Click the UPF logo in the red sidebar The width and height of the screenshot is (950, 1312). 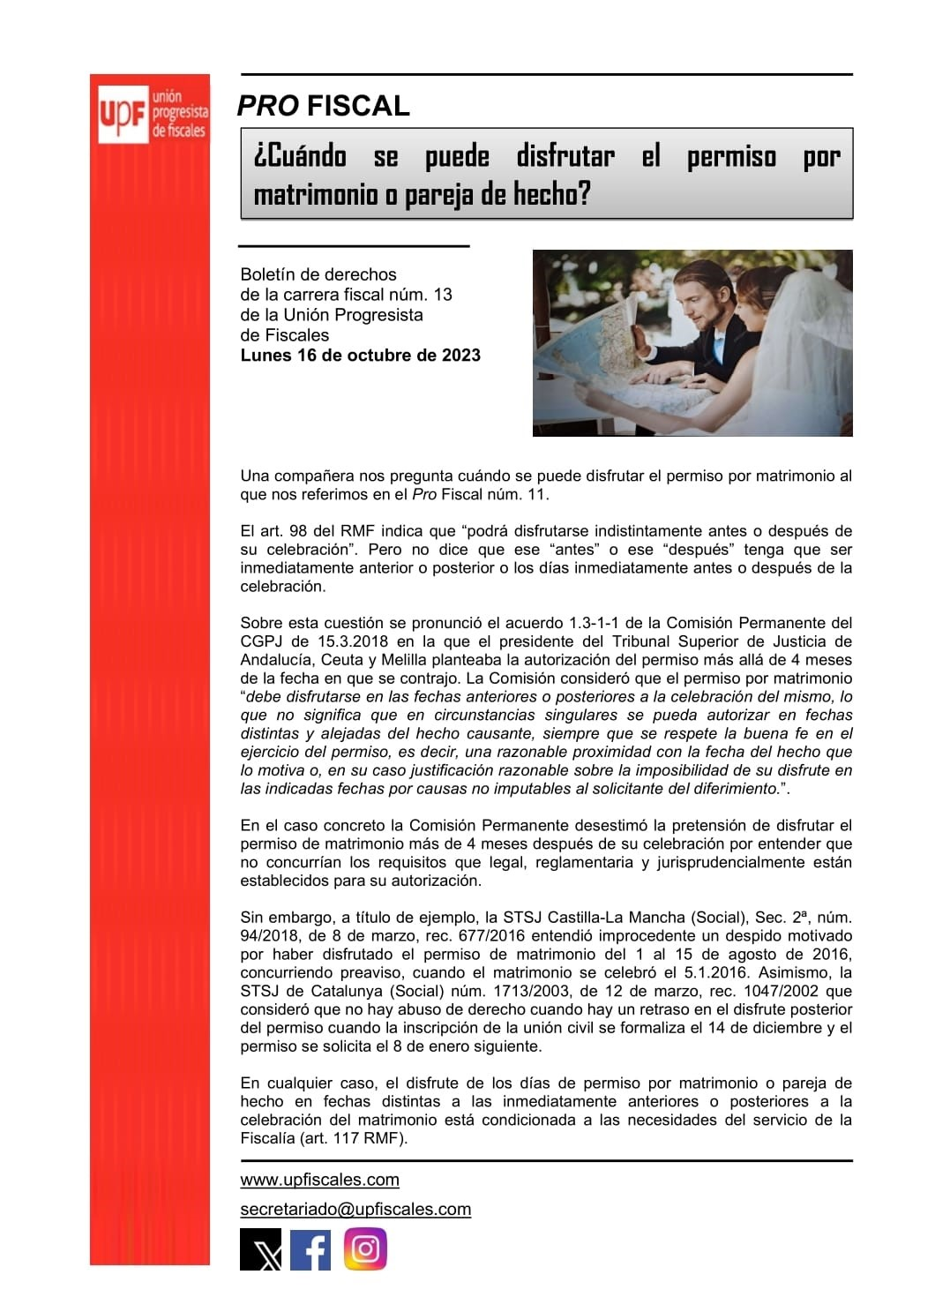click(152, 114)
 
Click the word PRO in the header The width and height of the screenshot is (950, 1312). click(267, 106)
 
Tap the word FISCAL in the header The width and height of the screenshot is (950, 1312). click(358, 106)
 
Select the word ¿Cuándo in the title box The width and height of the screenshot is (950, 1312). click(300, 156)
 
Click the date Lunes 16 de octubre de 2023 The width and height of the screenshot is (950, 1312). click(360, 356)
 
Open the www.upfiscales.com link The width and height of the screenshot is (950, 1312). click(319, 1181)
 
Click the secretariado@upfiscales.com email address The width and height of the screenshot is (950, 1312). click(355, 1210)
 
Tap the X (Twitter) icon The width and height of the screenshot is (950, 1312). click(261, 1250)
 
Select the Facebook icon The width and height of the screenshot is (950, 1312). click(310, 1250)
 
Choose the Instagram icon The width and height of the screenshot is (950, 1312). click(365, 1249)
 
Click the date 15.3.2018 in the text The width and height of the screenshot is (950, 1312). click(354, 641)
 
